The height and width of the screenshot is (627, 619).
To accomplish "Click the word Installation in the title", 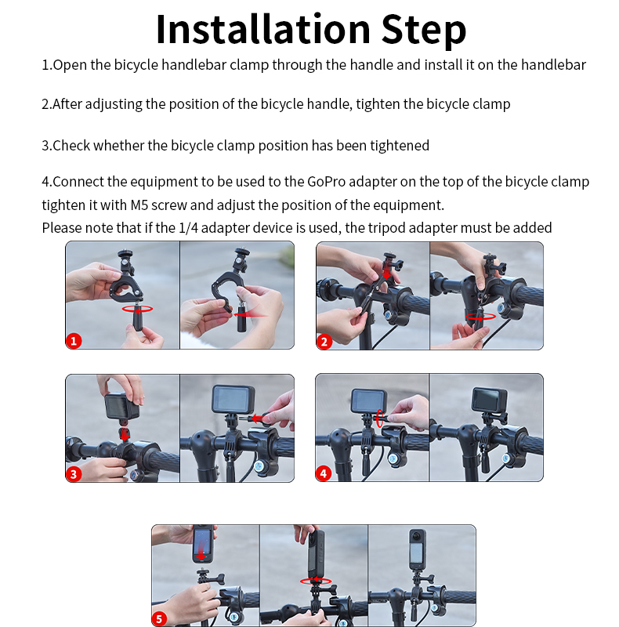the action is click(263, 29).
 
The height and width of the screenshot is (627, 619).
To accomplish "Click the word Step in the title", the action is click(424, 31).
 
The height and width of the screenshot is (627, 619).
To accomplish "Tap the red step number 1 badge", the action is click(74, 341).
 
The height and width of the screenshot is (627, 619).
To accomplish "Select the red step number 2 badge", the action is click(324, 342).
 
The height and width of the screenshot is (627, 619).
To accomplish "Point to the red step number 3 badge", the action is click(74, 474).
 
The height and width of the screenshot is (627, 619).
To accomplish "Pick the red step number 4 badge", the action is click(324, 474).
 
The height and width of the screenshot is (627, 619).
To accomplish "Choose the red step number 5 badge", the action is click(159, 619).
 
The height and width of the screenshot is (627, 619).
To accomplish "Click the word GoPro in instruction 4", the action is click(326, 182).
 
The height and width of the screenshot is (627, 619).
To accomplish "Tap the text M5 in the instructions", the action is click(139, 205).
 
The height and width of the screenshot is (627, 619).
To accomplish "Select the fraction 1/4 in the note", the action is click(188, 228).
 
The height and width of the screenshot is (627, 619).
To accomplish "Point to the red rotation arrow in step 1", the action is click(138, 309).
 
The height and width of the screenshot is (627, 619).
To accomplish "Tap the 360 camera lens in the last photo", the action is click(417, 536).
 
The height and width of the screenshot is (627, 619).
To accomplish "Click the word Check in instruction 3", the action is click(71, 146).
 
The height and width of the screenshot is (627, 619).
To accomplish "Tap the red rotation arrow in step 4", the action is click(379, 419).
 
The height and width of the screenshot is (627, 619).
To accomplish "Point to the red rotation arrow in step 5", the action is click(316, 581).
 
